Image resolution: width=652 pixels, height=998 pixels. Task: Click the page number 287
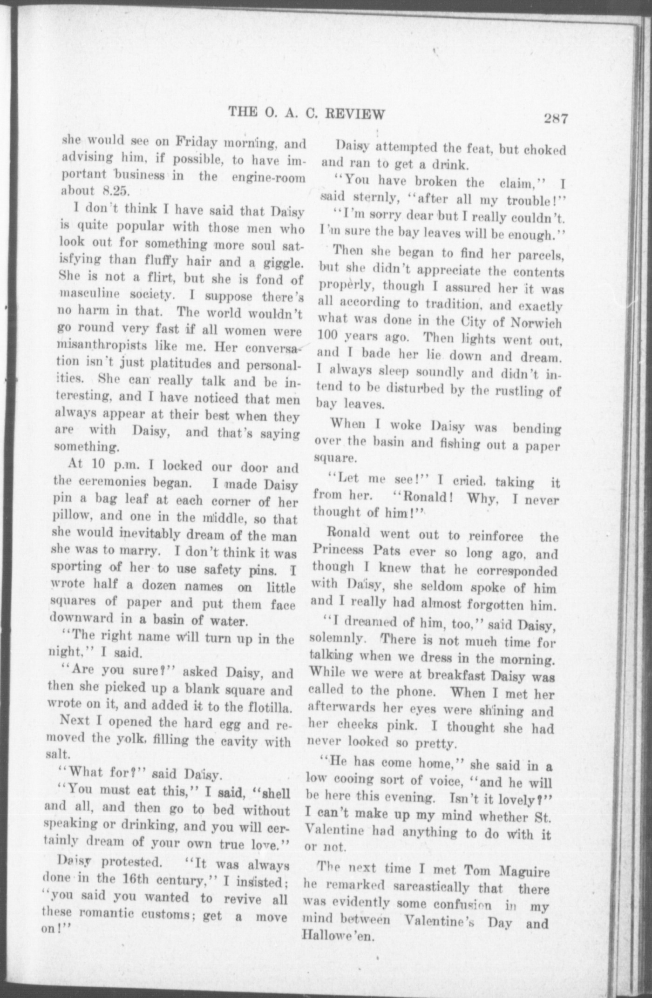[x=556, y=119]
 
